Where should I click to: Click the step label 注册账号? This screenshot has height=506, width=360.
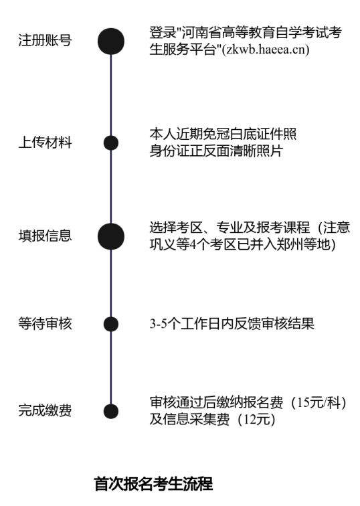coord(45,40)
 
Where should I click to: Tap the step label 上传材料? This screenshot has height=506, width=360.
coord(45,143)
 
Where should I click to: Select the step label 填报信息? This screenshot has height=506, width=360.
coord(45,236)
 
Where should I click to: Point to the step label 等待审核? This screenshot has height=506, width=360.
coord(45,323)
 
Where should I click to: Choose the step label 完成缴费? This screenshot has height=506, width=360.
coord(45,410)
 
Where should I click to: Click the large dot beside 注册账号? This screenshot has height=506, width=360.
coord(111,41)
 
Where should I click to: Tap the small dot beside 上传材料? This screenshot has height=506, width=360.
coord(111,143)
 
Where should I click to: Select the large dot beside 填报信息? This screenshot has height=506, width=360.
coord(111,236)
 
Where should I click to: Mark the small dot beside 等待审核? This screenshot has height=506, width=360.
coord(111,325)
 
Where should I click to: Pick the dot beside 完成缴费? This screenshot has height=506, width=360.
coord(111,412)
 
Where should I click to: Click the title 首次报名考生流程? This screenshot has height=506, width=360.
coord(153,484)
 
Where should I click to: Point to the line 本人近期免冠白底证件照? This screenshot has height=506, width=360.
coord(223,134)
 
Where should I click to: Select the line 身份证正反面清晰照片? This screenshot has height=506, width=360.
coord(216,151)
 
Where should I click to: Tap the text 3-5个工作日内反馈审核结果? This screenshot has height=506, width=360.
coord(232,324)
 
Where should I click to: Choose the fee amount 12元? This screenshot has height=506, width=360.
coord(256,420)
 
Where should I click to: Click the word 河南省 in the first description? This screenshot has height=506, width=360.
coord(201,33)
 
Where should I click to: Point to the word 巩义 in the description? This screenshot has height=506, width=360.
coord(163,244)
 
